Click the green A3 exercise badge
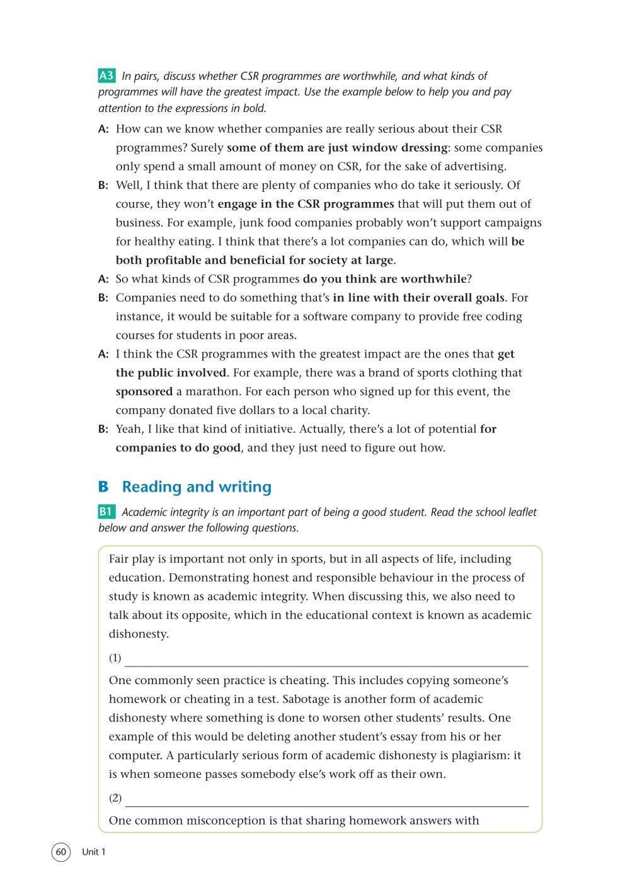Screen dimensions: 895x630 click(106, 76)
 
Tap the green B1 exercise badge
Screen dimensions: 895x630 click(106, 512)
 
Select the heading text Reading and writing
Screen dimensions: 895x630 click(197, 487)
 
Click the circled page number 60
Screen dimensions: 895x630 click(60, 852)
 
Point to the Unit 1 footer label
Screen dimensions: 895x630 click(94, 852)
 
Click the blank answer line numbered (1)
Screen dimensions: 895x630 click(326, 660)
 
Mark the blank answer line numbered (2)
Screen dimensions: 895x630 click(326, 800)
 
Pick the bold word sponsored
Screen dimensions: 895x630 click(144, 391)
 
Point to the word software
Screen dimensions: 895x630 click(323, 317)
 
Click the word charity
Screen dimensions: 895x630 click(346, 410)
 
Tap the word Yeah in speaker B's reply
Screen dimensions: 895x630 click(130, 429)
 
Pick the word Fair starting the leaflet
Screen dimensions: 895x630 click(120, 559)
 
